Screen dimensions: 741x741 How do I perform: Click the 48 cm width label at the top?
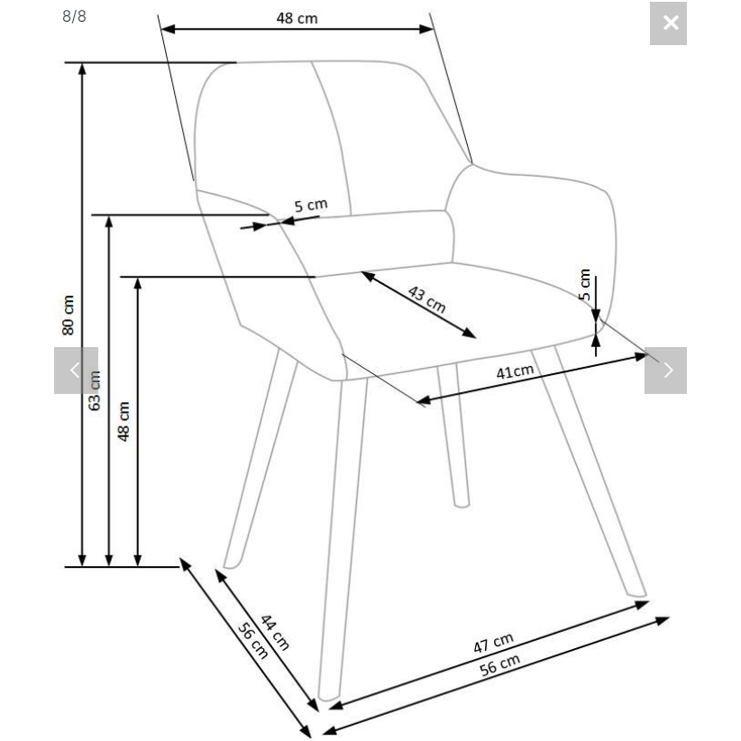click(297, 18)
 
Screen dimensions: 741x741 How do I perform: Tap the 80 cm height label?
click(69, 315)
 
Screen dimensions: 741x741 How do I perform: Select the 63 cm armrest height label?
click(95, 390)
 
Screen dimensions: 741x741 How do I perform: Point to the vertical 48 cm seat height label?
click(124, 420)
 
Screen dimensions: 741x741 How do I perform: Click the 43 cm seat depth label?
click(426, 297)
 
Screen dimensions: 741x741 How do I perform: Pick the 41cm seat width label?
click(515, 371)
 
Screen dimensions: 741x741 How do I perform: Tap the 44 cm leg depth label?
click(274, 632)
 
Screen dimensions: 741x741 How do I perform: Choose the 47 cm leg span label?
click(493, 643)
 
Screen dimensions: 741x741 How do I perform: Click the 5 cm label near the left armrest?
click(311, 206)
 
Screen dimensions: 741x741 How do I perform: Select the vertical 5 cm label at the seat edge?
click(584, 285)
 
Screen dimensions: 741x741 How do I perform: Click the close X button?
click(669, 23)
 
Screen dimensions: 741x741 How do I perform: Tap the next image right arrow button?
click(666, 370)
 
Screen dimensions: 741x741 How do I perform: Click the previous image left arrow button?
click(76, 370)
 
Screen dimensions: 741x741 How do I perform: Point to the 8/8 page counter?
click(74, 16)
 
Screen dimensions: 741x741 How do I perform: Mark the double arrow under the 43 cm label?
click(419, 305)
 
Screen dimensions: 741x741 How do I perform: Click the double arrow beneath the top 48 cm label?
click(297, 29)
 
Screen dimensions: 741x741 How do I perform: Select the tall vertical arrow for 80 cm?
click(83, 315)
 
